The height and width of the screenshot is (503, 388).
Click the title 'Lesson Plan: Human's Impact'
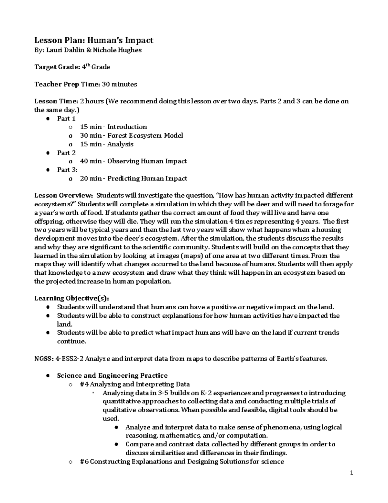coord(94,40)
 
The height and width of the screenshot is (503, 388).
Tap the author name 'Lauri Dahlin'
coord(66,50)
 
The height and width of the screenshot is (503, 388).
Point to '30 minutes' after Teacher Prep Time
coord(119,84)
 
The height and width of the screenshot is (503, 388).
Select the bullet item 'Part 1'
coord(66,119)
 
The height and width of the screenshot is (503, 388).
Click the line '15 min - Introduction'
coord(113,127)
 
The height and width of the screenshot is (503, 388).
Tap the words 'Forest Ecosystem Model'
coord(145,135)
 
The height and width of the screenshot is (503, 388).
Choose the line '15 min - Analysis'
coord(106,144)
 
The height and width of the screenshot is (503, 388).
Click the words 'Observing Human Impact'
coord(147,161)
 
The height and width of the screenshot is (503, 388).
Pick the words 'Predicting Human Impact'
coord(147,178)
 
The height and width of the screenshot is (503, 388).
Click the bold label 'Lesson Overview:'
coord(64,195)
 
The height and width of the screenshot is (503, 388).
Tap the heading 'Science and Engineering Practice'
coord(112,376)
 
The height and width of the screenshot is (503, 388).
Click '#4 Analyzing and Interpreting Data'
coord(135,384)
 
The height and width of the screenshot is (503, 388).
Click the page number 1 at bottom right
coord(351,473)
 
